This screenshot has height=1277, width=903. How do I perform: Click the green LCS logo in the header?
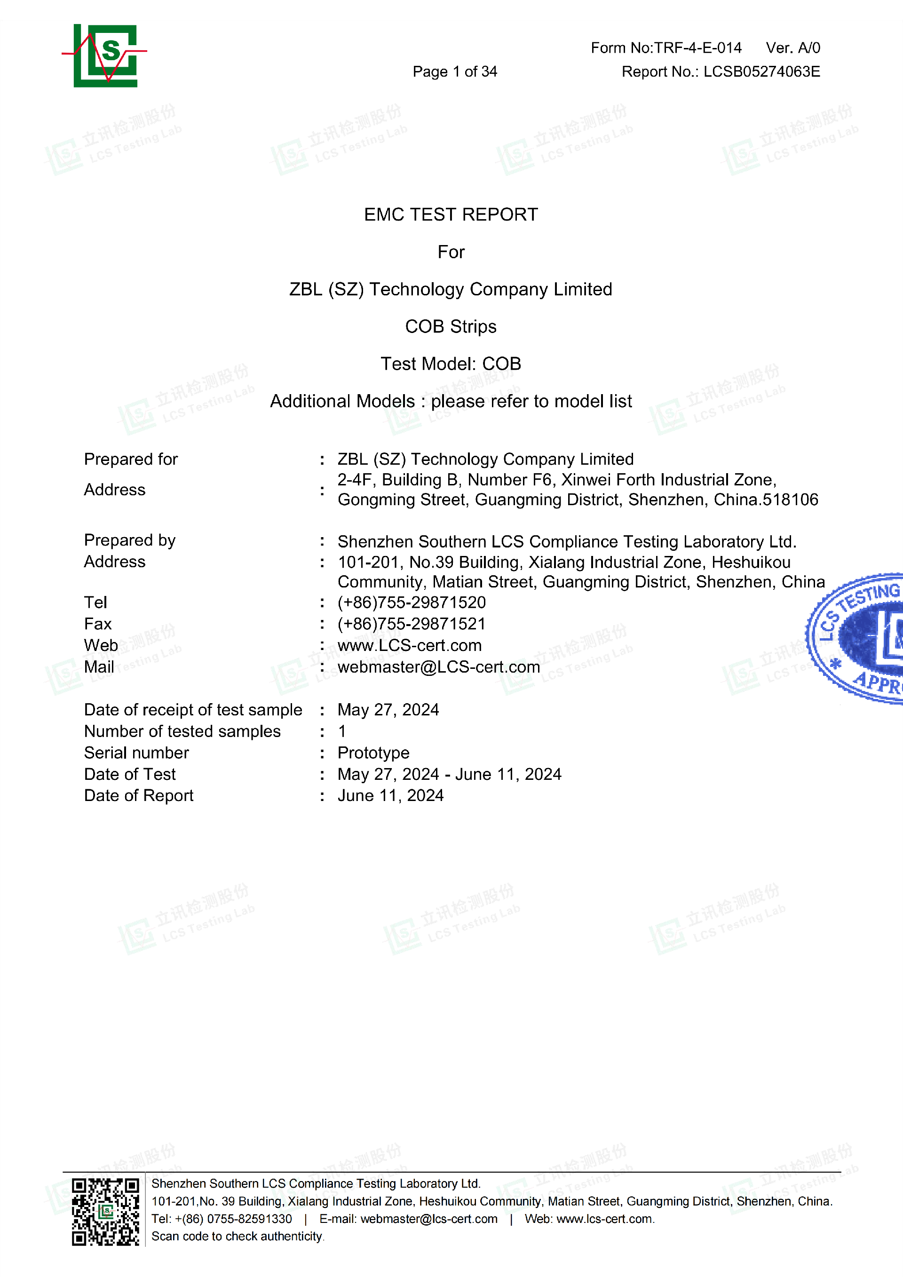[x=105, y=55]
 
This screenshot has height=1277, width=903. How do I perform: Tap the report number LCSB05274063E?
[x=761, y=72]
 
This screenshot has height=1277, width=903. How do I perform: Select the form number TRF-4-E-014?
[x=698, y=48]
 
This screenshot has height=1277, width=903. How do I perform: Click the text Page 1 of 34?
[x=454, y=72]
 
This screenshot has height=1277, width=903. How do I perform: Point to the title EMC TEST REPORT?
[x=451, y=214]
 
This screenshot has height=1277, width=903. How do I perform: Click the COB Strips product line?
[x=451, y=326]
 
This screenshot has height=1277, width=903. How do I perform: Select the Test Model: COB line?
[x=451, y=364]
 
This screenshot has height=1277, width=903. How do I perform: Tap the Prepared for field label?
[x=131, y=460]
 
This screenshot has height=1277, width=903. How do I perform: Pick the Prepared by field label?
[x=129, y=540]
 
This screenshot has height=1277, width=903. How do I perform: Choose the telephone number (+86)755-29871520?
[x=412, y=603]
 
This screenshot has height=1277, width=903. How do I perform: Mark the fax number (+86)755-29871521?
[x=412, y=624]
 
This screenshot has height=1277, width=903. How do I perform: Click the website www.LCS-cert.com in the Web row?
[x=409, y=646]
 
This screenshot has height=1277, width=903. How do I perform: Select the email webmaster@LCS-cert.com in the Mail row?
[x=439, y=667]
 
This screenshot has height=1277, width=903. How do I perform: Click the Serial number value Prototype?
[x=373, y=753]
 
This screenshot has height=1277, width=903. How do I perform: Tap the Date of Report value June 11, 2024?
[x=390, y=796]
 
